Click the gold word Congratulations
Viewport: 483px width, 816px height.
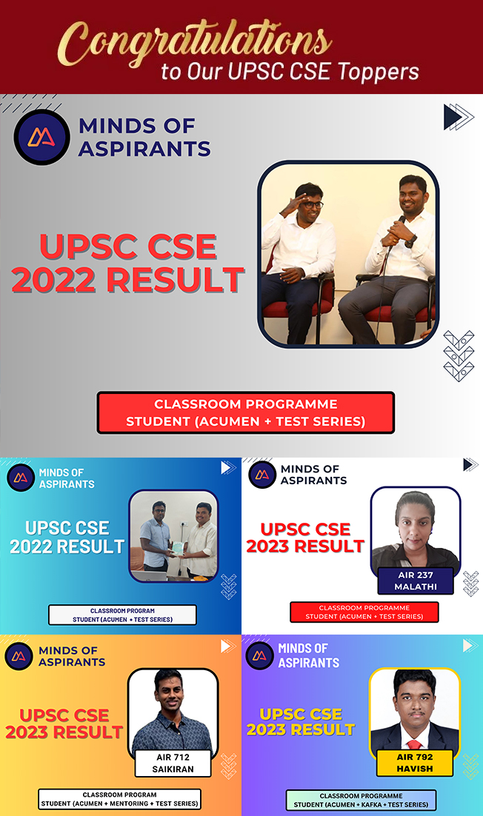(193, 44)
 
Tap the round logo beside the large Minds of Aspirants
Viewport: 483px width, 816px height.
(41, 138)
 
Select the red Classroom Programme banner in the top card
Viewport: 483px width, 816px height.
(246, 412)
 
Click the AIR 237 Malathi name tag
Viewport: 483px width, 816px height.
(416, 581)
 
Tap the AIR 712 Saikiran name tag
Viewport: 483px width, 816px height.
(173, 763)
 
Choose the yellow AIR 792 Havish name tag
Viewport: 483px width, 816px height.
(415, 763)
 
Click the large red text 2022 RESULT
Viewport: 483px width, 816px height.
(127, 279)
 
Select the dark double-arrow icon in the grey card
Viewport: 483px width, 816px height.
(458, 117)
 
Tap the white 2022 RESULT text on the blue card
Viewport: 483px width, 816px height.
(67, 546)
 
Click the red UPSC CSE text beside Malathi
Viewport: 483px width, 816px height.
(305, 529)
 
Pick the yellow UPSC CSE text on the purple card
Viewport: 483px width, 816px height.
(301, 714)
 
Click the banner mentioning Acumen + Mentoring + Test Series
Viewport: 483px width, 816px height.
(120, 800)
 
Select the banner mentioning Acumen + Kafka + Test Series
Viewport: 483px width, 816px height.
(362, 800)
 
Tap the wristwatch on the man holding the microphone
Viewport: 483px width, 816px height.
(411, 241)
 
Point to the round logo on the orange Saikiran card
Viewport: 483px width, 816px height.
(19, 656)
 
